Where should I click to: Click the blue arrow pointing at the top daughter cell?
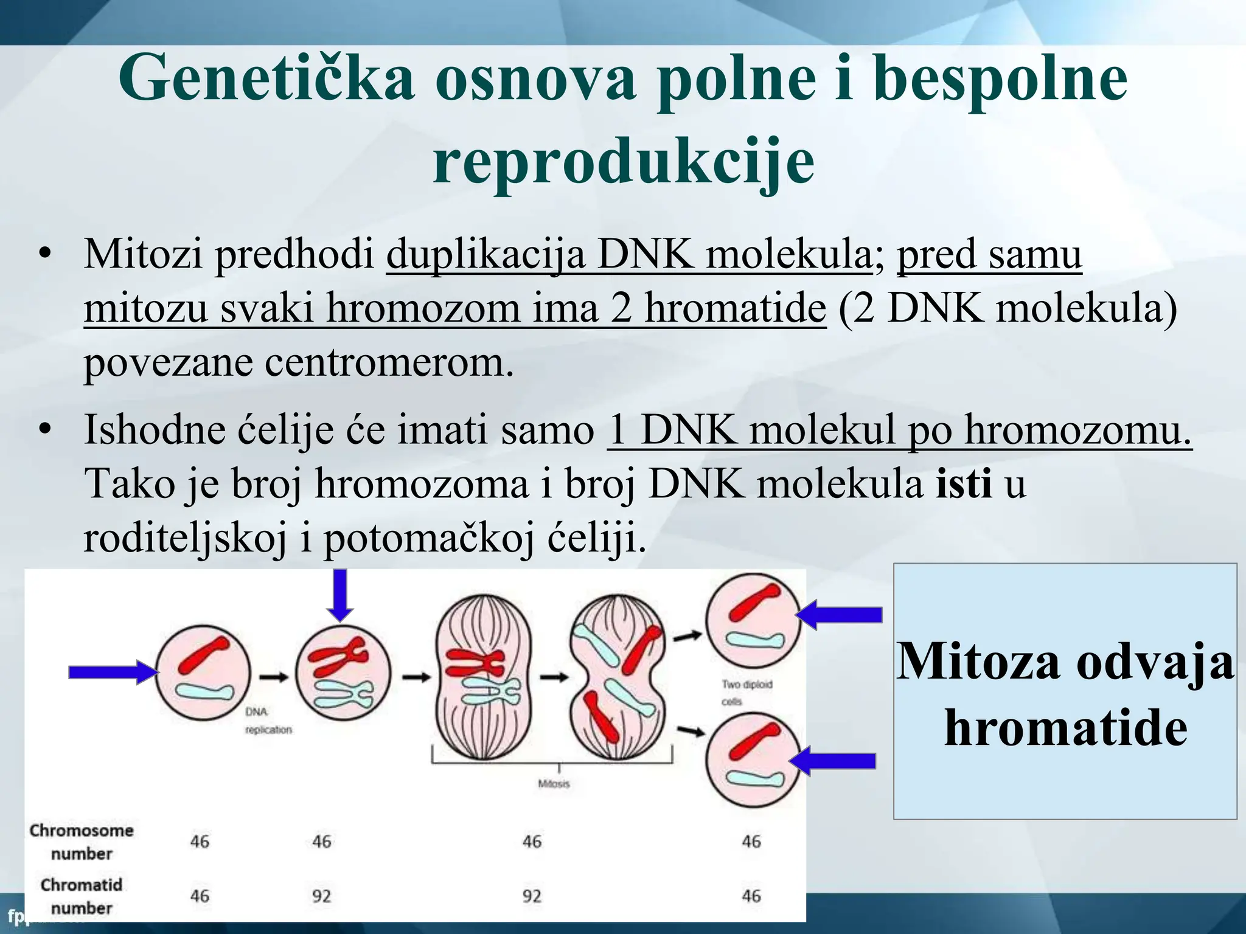(840, 615)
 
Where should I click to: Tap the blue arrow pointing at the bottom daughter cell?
(834, 761)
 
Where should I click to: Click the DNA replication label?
(268, 721)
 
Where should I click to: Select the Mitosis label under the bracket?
(554, 784)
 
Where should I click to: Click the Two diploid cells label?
(747, 693)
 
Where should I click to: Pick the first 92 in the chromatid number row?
(321, 896)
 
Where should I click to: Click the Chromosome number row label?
(82, 842)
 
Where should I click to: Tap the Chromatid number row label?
(82, 896)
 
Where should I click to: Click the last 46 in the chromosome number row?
(751, 842)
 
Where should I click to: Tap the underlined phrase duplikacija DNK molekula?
(630, 254)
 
